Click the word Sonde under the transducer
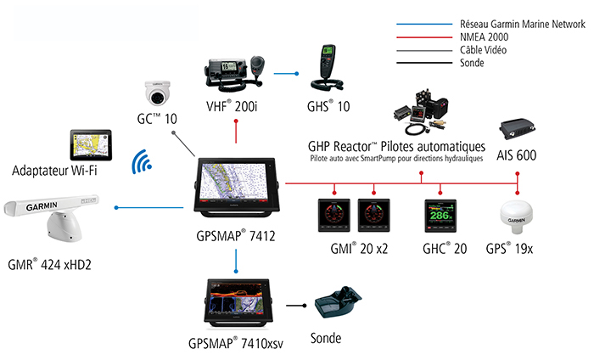click(x=326, y=338)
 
